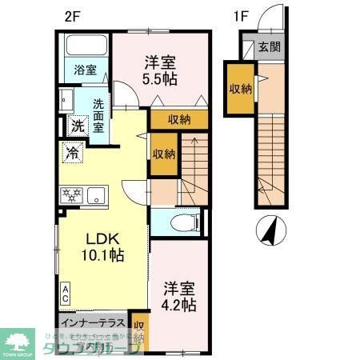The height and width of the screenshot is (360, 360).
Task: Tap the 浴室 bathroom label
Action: (85, 69)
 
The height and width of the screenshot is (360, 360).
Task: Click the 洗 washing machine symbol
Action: (77, 125)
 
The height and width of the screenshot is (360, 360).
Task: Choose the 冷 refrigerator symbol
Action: (73, 151)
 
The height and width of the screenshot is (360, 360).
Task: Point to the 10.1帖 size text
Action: (102, 257)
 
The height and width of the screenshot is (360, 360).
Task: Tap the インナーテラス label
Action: (90, 323)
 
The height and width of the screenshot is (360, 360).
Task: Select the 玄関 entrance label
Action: (267, 48)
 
